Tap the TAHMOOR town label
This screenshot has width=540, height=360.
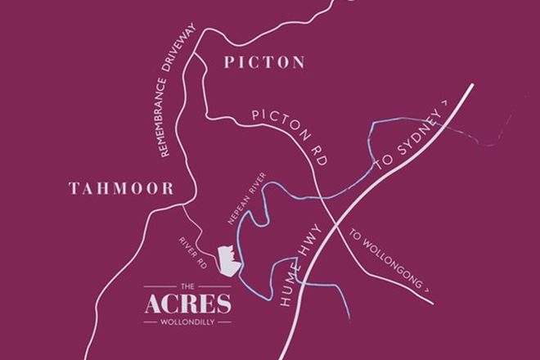point(121,189)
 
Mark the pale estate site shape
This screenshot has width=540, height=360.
point(228,260)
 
